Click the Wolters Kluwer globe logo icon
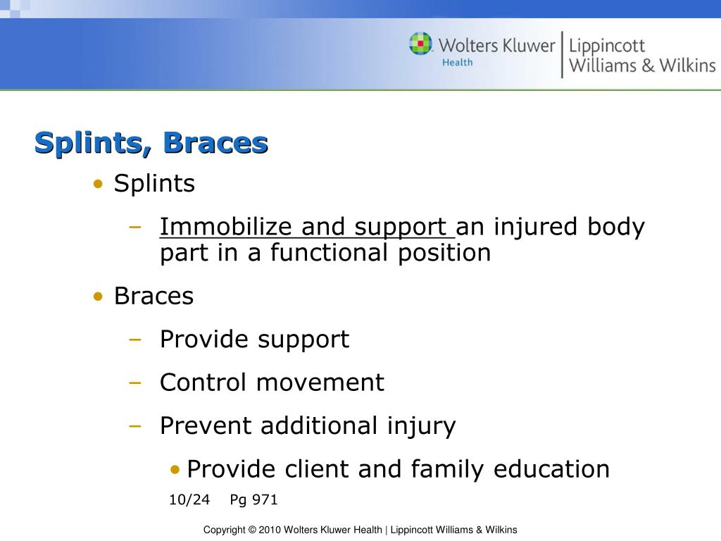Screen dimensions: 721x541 click(x=420, y=43)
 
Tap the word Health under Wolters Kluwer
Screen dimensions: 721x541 click(x=457, y=63)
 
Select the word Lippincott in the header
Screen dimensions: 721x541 click(x=606, y=46)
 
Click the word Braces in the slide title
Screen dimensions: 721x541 click(x=215, y=142)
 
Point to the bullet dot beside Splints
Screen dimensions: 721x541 click(x=98, y=184)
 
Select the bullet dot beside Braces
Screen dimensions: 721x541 click(x=98, y=297)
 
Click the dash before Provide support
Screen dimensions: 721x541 click(x=135, y=340)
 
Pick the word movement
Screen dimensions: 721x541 click(x=320, y=383)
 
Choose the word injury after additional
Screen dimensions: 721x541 click(x=421, y=426)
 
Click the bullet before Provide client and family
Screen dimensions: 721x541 click(x=175, y=470)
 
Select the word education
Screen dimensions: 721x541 click(x=551, y=469)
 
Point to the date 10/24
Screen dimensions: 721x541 click(x=189, y=499)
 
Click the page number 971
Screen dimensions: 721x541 click(x=265, y=499)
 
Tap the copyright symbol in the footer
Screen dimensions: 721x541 click(x=252, y=530)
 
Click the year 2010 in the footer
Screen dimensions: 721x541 click(x=270, y=530)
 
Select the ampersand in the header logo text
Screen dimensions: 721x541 click(x=648, y=66)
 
